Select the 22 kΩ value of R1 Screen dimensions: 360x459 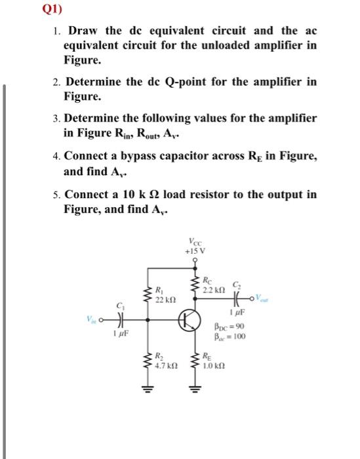point(163,298)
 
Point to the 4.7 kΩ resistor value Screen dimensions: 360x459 point(164,367)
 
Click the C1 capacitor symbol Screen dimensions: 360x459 point(120,320)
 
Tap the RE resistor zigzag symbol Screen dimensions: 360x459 point(196,363)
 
